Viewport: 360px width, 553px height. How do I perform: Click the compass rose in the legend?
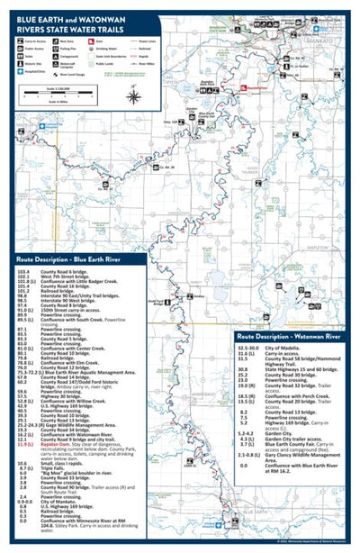click(133, 96)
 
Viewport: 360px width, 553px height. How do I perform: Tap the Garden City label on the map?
click(191, 108)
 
